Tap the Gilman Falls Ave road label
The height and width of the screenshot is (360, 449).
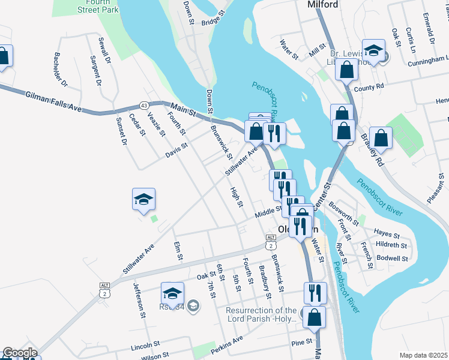click(53, 100)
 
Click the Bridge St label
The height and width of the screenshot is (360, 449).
click(212, 19)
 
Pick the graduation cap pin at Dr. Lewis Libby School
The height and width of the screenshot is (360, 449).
click(373, 52)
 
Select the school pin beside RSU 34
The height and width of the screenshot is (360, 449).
click(172, 294)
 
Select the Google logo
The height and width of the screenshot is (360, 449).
click(20, 353)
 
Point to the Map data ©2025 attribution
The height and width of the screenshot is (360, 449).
click(423, 355)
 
